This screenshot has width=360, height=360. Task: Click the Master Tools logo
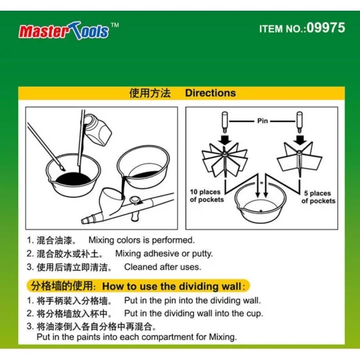(64, 30)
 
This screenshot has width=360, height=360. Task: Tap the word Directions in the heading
(210, 93)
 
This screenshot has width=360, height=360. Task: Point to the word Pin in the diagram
(263, 121)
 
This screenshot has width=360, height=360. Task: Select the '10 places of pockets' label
(206, 196)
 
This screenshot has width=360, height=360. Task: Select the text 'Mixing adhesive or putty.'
(164, 253)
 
